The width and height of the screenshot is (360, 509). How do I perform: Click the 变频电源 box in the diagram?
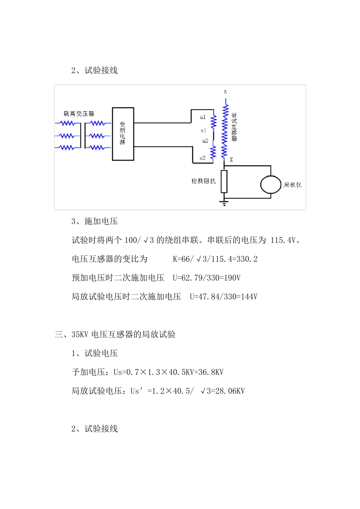(123, 134)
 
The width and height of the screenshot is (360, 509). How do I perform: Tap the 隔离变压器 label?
(79, 114)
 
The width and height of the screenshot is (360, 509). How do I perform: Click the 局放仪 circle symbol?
(271, 184)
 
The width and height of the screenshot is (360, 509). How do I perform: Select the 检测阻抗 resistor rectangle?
(224, 181)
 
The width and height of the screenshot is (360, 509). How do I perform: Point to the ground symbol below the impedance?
(224, 203)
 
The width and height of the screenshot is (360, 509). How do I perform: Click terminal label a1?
(203, 117)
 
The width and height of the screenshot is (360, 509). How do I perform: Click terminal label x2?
(202, 158)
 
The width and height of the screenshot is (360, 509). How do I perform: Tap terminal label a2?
(205, 141)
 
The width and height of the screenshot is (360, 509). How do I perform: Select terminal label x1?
(203, 130)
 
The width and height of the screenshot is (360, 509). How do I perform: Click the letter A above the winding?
(225, 92)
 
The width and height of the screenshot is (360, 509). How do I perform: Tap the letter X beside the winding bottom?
(231, 160)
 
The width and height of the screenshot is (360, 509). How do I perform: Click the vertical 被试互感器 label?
(234, 127)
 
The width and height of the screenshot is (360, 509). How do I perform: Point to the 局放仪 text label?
(293, 185)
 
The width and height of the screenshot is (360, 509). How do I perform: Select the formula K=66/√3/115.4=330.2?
(215, 259)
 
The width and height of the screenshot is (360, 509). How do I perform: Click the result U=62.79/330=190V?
(207, 278)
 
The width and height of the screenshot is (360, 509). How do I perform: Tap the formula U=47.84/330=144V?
(224, 297)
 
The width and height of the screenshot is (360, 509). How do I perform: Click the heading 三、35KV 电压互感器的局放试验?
(115, 334)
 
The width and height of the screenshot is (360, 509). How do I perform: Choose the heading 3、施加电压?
(94, 221)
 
